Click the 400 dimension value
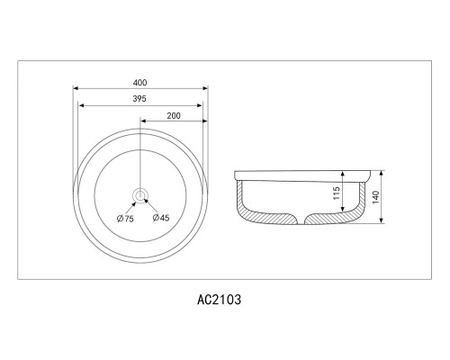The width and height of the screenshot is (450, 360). tap(139, 83)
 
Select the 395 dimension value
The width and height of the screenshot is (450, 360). tap(139, 99)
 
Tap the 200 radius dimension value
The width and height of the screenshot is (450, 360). tap(174, 116)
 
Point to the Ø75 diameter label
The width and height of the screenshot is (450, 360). tap(125, 219)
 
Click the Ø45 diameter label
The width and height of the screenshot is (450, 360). tap(161, 218)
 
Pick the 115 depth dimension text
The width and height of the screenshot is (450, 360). tap(337, 193)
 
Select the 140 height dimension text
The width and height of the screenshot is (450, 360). tap(376, 197)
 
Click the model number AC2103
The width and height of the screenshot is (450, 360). tap(219, 300)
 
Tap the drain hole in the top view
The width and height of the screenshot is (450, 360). tap(140, 195)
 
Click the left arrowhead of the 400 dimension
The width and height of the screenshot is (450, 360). tap(76, 88)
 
